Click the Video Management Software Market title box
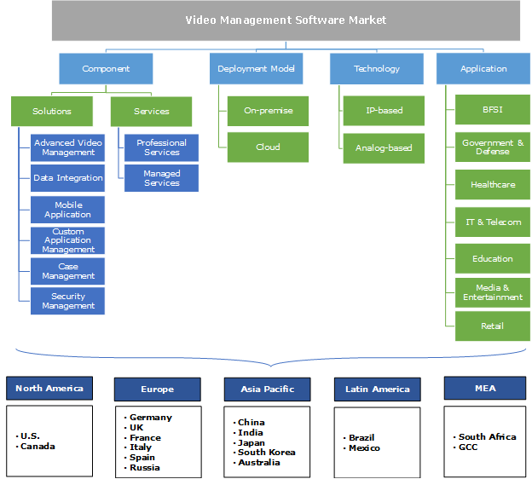click(x=286, y=20)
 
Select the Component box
click(x=106, y=69)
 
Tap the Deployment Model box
click(x=255, y=69)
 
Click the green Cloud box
click(x=268, y=147)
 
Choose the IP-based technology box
click(x=384, y=111)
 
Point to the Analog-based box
click(x=384, y=147)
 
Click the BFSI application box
click(x=493, y=110)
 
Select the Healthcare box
click(x=493, y=184)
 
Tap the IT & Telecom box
click(x=493, y=222)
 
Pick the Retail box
click(x=493, y=326)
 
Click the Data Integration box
click(x=68, y=178)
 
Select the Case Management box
click(x=68, y=271)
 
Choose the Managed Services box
click(x=162, y=178)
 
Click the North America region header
click(x=49, y=389)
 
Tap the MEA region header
click(x=485, y=389)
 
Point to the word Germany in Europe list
click(x=151, y=418)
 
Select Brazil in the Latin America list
click(x=361, y=438)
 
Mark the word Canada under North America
click(x=38, y=447)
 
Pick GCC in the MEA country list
click(x=468, y=447)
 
